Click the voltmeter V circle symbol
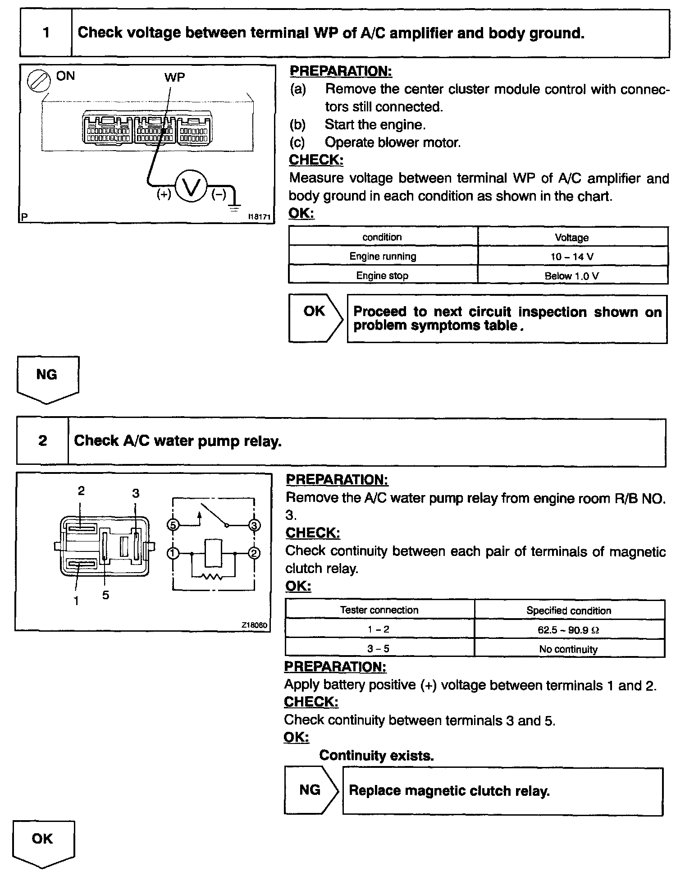[x=191, y=186]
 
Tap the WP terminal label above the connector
[x=174, y=77]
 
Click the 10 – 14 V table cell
[x=572, y=257]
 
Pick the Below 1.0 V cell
[x=572, y=275]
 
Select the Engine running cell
[x=383, y=257]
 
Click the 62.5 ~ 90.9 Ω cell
[x=569, y=629]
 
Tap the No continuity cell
[x=569, y=649]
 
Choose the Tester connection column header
[x=379, y=610]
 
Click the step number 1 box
[x=46, y=33]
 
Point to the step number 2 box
[x=43, y=441]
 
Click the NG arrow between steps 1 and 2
[x=47, y=378]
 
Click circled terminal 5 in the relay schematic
[x=173, y=525]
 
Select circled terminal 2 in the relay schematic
[x=254, y=553]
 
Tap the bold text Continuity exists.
[x=376, y=755]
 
